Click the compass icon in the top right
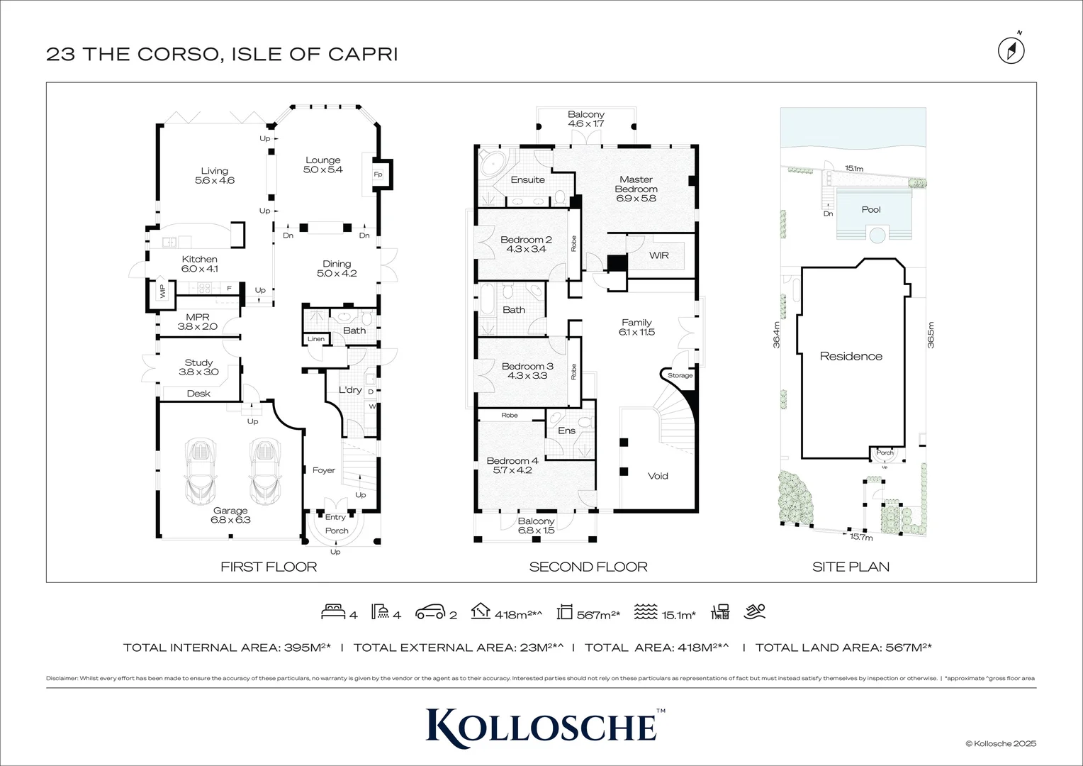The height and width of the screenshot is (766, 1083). pos(1011,50)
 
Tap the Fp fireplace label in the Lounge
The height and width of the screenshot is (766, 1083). pos(378,174)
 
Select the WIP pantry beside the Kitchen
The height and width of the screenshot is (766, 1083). pos(162,291)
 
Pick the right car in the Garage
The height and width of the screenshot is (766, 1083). pos(264,469)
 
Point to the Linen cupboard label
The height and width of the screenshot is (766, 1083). pos(316,339)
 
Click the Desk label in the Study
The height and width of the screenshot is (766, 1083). pos(198,394)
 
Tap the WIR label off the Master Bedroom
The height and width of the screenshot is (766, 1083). pos(658,255)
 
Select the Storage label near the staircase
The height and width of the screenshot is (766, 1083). pos(680,375)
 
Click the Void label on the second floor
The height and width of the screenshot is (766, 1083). pos(658,476)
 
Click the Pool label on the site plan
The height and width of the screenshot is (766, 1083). pos(871,209)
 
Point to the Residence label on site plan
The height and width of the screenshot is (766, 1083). pos(851,356)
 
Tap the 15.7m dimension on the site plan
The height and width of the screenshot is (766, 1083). pos(861,537)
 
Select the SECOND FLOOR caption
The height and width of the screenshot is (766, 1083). pos(588,567)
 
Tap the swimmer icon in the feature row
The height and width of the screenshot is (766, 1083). pos(755,611)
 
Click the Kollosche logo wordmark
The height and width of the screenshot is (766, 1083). pos(541,725)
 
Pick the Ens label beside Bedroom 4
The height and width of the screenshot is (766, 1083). pos(566,431)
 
